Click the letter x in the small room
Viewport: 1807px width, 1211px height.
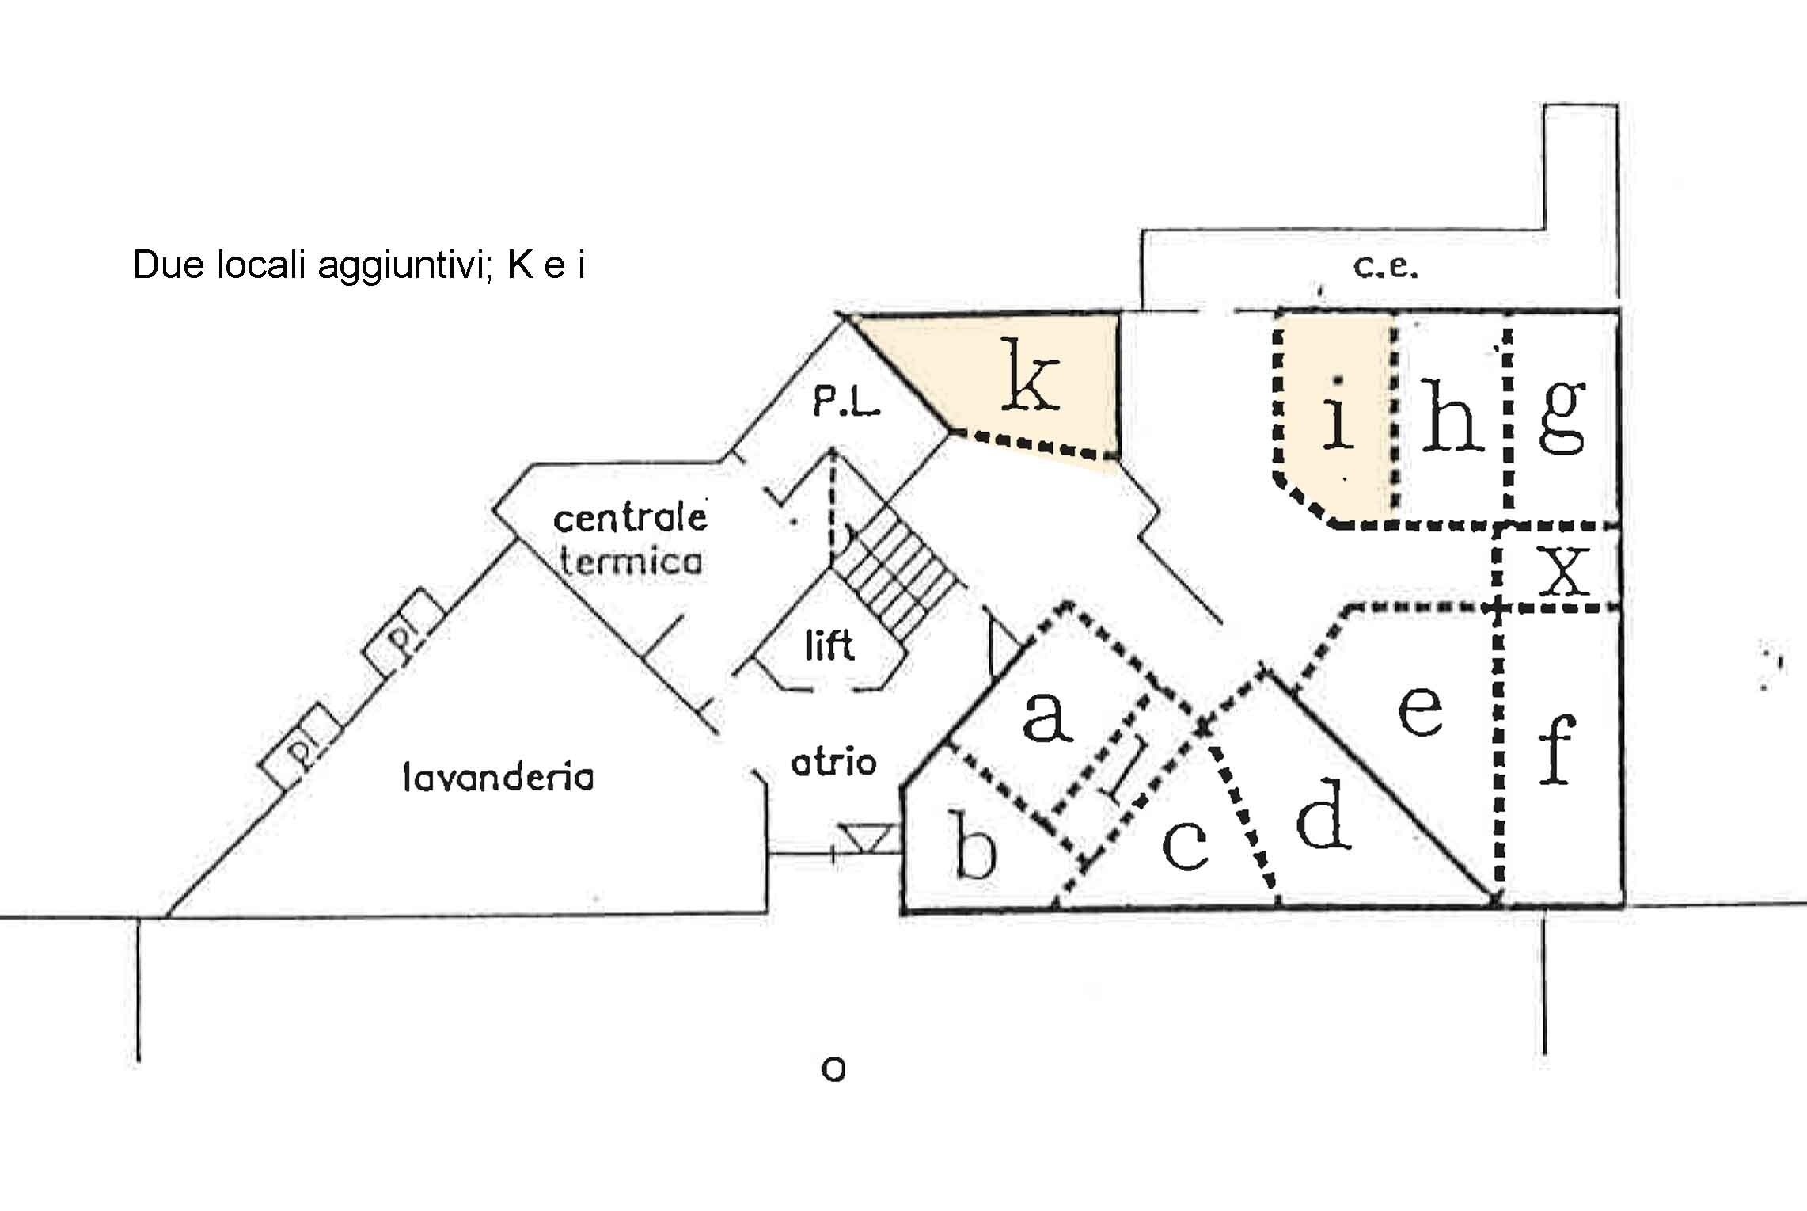tap(1563, 571)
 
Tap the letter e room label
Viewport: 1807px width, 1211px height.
tap(1420, 710)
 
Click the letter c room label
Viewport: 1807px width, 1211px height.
tap(1185, 844)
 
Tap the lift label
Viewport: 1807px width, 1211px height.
tap(829, 645)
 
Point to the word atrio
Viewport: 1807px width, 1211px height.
tap(833, 762)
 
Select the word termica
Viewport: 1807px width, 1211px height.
tap(631, 560)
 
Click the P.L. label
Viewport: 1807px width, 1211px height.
tap(846, 405)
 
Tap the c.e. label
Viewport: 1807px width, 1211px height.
tap(1385, 268)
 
